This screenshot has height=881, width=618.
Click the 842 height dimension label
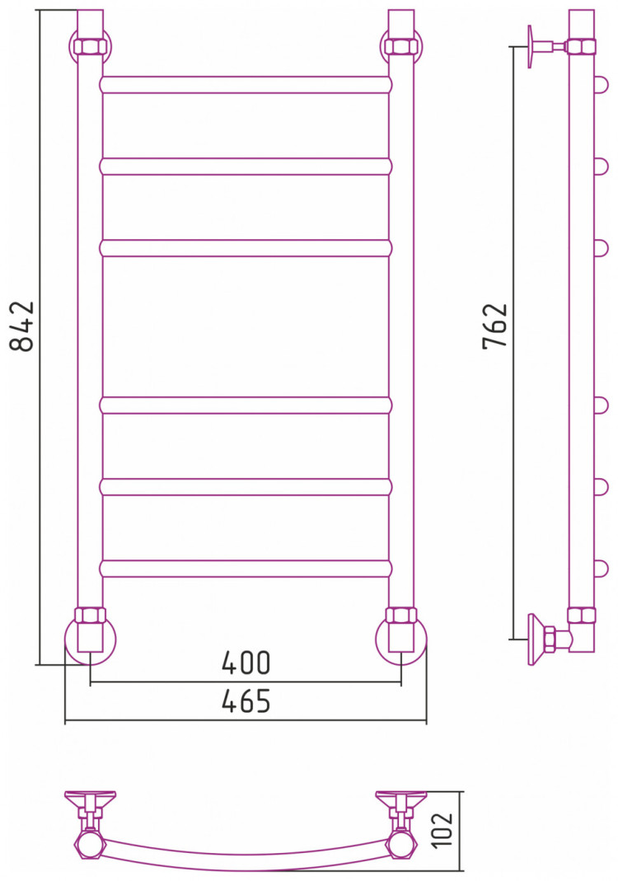(x=22, y=326)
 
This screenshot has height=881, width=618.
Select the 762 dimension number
(x=495, y=326)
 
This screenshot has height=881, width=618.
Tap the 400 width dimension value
(x=246, y=663)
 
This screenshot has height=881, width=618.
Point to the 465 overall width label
(x=246, y=701)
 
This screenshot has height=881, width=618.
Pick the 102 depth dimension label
(x=444, y=829)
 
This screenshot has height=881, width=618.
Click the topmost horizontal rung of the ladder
(x=246, y=84)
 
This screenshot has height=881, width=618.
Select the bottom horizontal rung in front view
(x=246, y=569)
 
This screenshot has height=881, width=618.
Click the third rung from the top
(x=246, y=248)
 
